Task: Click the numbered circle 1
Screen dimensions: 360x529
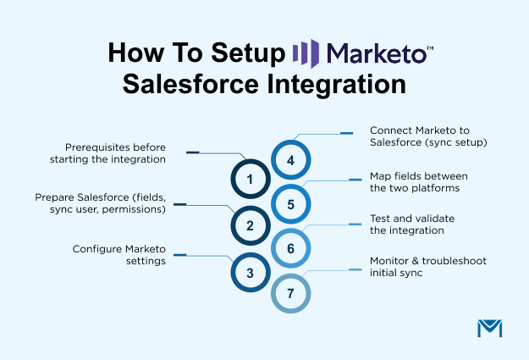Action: pyautogui.click(x=250, y=179)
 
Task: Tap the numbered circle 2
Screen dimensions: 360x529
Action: pyautogui.click(x=250, y=225)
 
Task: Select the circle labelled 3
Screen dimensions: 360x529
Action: pyautogui.click(x=250, y=273)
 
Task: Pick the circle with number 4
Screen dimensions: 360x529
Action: pyautogui.click(x=290, y=160)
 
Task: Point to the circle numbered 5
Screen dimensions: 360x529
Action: pyautogui.click(x=290, y=204)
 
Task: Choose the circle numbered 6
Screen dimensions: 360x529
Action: pyautogui.click(x=290, y=249)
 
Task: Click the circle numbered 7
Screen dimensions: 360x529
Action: pyautogui.click(x=290, y=293)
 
